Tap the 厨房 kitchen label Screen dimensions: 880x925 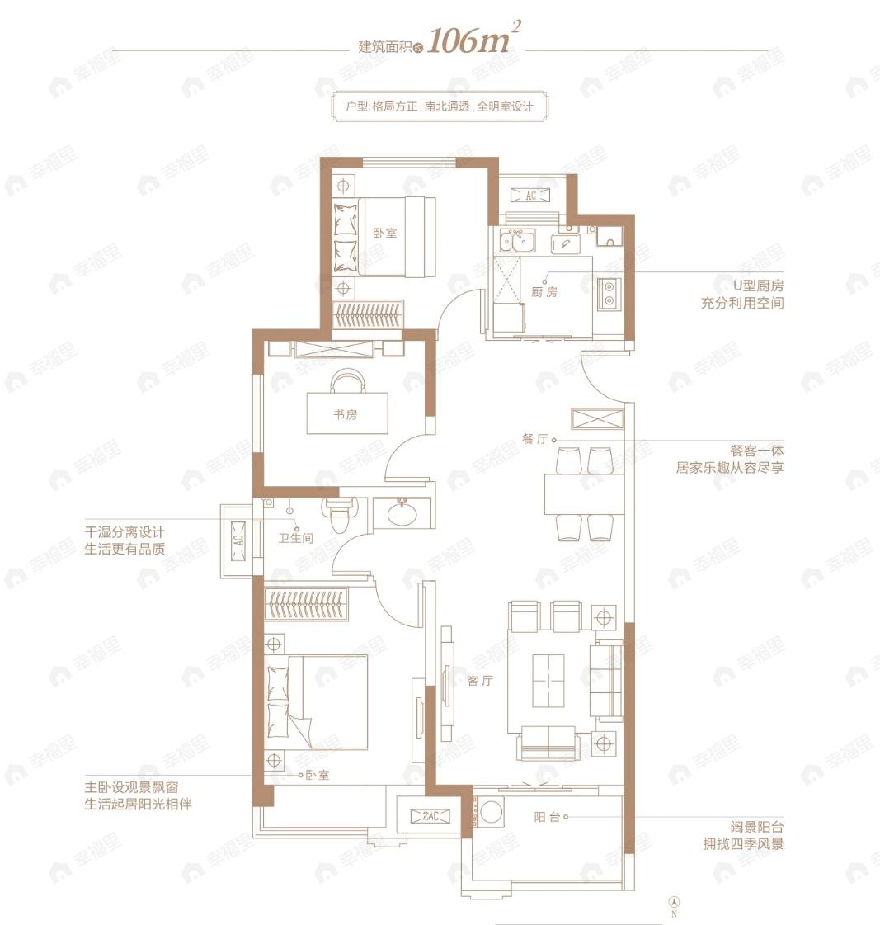tap(544, 291)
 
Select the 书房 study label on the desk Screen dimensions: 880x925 tap(345, 414)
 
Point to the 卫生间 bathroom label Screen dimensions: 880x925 tap(295, 537)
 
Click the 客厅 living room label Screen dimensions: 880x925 tap(479, 680)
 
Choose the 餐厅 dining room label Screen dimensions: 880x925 tap(535, 438)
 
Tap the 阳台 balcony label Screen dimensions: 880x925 tap(547, 816)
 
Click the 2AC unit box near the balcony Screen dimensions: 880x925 tap(431, 816)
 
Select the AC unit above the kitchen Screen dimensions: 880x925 tap(530, 195)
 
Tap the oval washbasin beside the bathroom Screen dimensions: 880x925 tap(402, 512)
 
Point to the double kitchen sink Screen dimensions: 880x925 tap(517, 240)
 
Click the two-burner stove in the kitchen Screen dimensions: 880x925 tap(608, 294)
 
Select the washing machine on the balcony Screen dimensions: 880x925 tap(491, 812)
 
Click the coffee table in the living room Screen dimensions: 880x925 tap(548, 680)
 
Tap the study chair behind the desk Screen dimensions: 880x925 tap(347, 380)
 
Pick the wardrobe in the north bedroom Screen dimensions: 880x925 tap(369, 314)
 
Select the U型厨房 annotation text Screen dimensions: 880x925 tap(758, 286)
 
